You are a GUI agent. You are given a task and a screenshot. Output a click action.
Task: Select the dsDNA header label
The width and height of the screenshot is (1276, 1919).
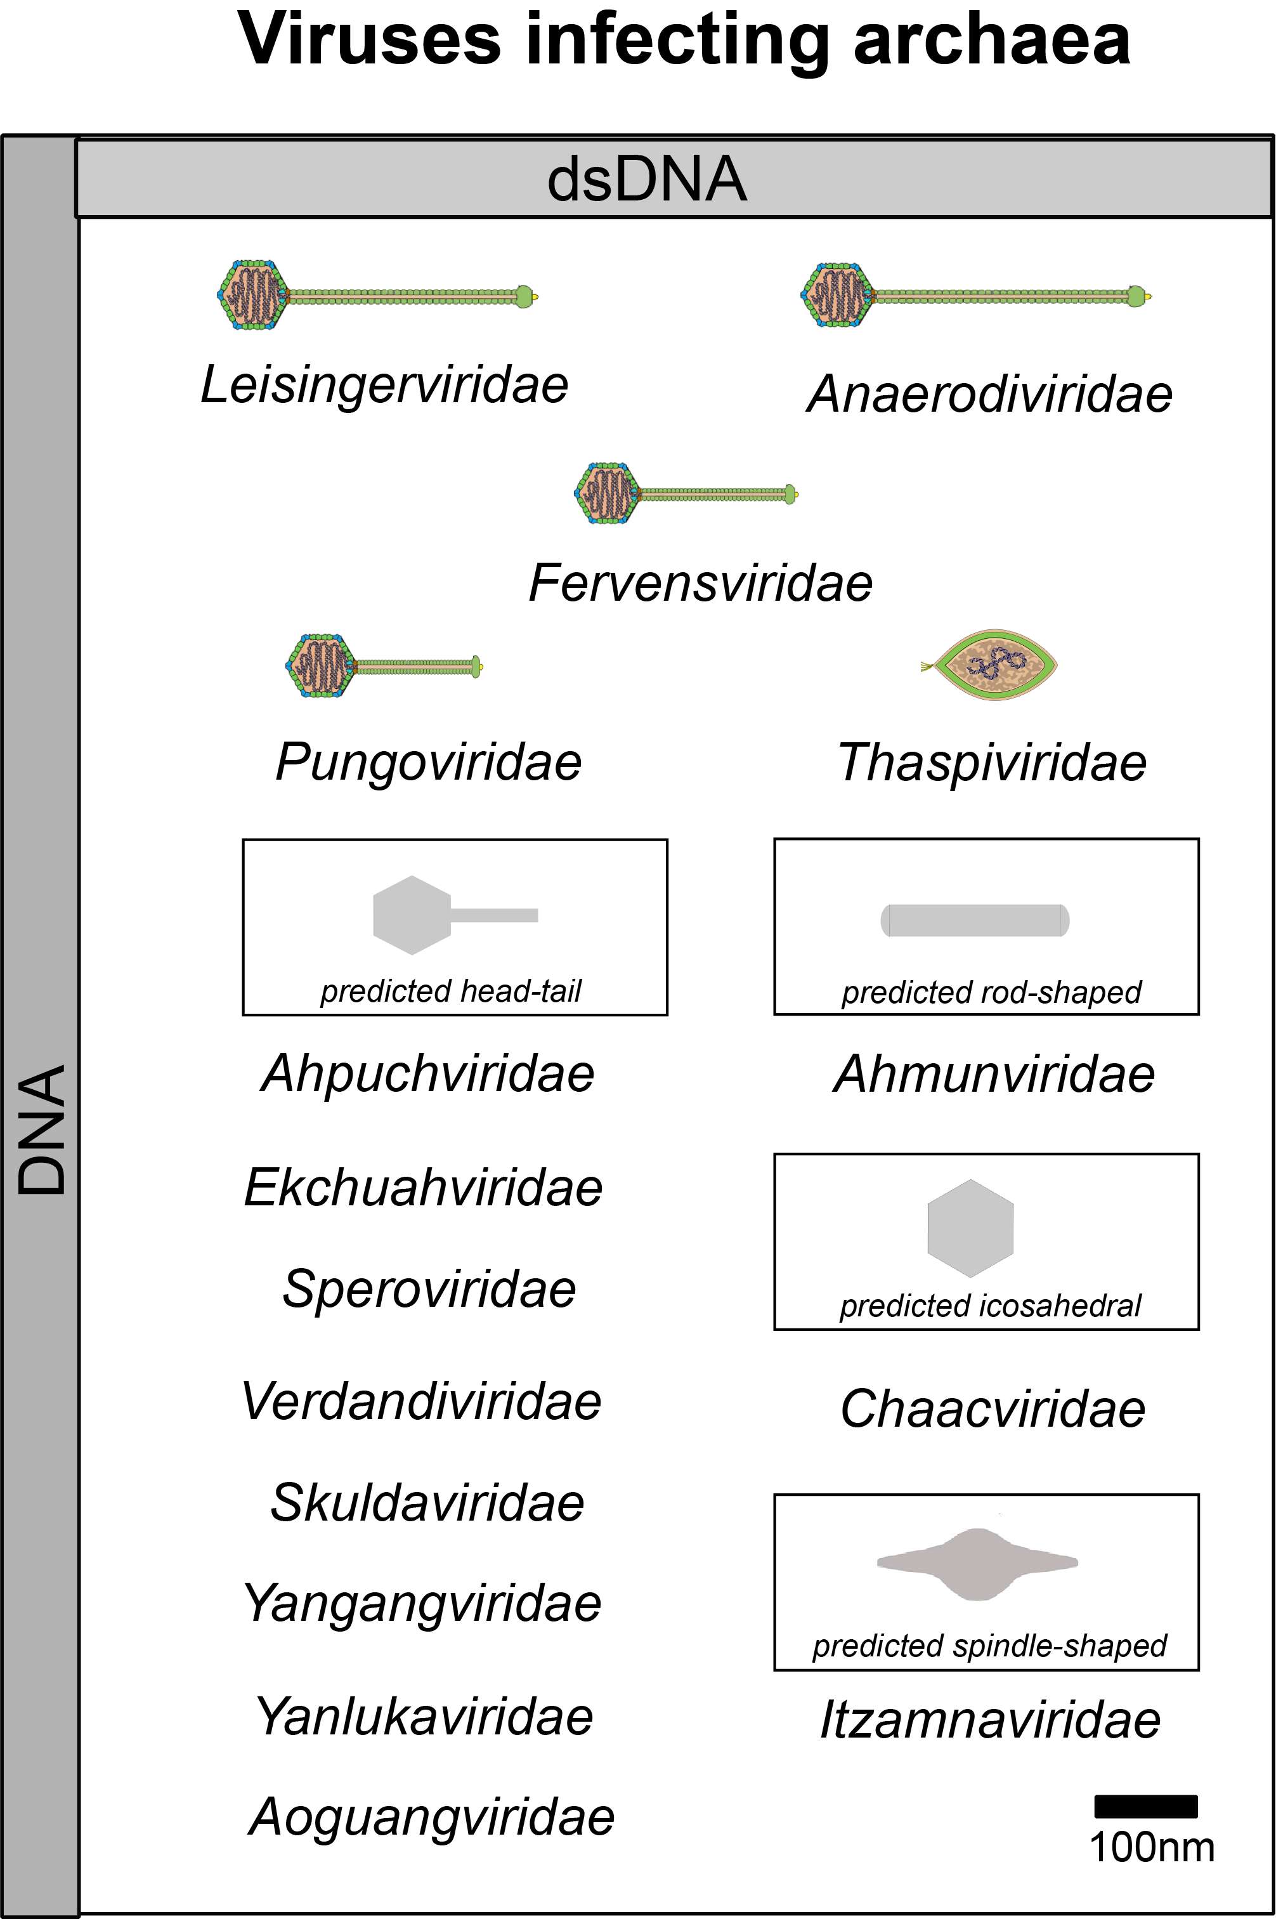pos(647,178)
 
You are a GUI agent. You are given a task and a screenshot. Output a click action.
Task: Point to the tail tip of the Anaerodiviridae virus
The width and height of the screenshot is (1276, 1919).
pos(1149,297)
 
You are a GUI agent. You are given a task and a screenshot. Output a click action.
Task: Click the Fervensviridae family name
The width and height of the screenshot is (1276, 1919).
pos(701,583)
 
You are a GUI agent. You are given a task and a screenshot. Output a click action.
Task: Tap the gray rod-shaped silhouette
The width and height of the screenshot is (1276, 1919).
pos(975,920)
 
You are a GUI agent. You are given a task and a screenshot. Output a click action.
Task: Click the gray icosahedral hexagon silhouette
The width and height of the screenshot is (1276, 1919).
pos(970,1228)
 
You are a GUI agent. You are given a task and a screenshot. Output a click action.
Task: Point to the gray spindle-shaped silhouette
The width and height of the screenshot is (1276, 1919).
pos(977,1563)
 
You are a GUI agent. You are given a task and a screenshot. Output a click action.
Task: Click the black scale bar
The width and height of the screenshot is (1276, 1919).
pos(1146,1806)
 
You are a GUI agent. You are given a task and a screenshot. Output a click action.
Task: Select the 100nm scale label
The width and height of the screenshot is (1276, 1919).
pos(1152,1847)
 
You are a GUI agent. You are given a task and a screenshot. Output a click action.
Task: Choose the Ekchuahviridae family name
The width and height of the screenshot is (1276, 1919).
pos(423,1188)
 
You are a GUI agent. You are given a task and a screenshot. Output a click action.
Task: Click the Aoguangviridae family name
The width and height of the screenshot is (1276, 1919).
pos(431,1818)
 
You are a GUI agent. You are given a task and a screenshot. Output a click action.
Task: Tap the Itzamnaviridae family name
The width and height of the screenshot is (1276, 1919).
pos(991,1720)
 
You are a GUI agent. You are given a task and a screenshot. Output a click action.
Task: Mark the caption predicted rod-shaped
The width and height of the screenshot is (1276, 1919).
pos(991,992)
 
